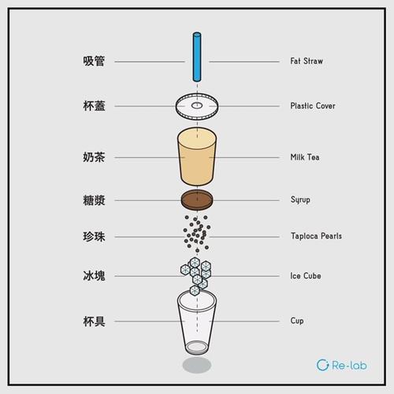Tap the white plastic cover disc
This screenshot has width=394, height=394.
point(196,105)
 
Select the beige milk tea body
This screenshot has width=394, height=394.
point(196,158)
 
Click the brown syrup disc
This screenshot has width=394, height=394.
point(196,199)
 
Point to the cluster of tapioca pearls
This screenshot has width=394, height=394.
point(196,232)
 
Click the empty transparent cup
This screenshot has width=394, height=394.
point(196,323)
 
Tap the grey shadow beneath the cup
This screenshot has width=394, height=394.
point(196,366)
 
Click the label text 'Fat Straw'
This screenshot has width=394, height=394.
point(307,61)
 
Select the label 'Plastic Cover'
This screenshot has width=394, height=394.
point(314,106)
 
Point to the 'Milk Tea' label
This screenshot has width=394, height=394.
point(305,158)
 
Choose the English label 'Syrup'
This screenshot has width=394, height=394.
point(300,199)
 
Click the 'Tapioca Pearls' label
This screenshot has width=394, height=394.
point(316,236)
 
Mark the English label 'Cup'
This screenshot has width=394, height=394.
point(296,321)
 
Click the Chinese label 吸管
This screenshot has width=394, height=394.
point(94,61)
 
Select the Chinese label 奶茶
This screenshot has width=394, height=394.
point(94,158)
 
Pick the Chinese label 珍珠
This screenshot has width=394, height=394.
point(94,236)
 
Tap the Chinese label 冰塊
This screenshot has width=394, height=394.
point(94,277)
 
